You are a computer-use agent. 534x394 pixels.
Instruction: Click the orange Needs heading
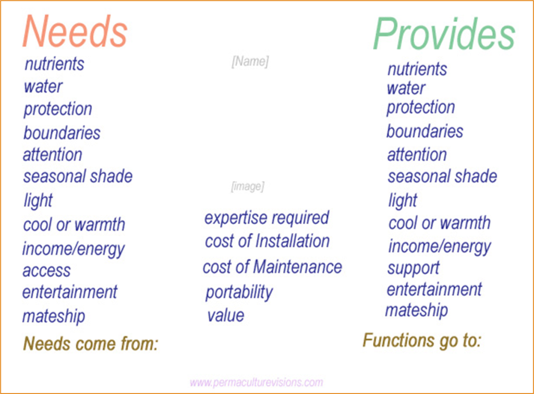[75, 31]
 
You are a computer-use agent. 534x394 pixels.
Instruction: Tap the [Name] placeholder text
[250, 61]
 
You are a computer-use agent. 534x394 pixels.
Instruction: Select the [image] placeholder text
[248, 187]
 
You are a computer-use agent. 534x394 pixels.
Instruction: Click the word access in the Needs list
[46, 271]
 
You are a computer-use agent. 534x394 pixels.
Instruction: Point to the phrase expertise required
[266, 218]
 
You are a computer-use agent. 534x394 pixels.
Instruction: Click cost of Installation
[268, 241]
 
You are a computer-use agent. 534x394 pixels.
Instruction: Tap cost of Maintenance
[272, 266]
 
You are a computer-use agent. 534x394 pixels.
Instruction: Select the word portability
[239, 292]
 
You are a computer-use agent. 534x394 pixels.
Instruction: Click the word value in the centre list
[226, 315]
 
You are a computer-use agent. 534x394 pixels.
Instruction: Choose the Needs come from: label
[91, 343]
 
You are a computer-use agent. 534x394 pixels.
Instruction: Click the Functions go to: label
[421, 341]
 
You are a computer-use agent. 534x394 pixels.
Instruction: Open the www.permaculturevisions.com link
[257, 383]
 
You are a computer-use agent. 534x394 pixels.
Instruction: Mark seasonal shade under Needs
[78, 176]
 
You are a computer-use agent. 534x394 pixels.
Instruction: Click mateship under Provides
[417, 310]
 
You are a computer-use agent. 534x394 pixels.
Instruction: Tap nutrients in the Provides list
[417, 69]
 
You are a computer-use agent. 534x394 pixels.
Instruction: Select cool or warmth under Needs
[74, 225]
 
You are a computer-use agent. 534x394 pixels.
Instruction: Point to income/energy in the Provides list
[440, 247]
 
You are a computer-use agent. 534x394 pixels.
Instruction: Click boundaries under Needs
[62, 132]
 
